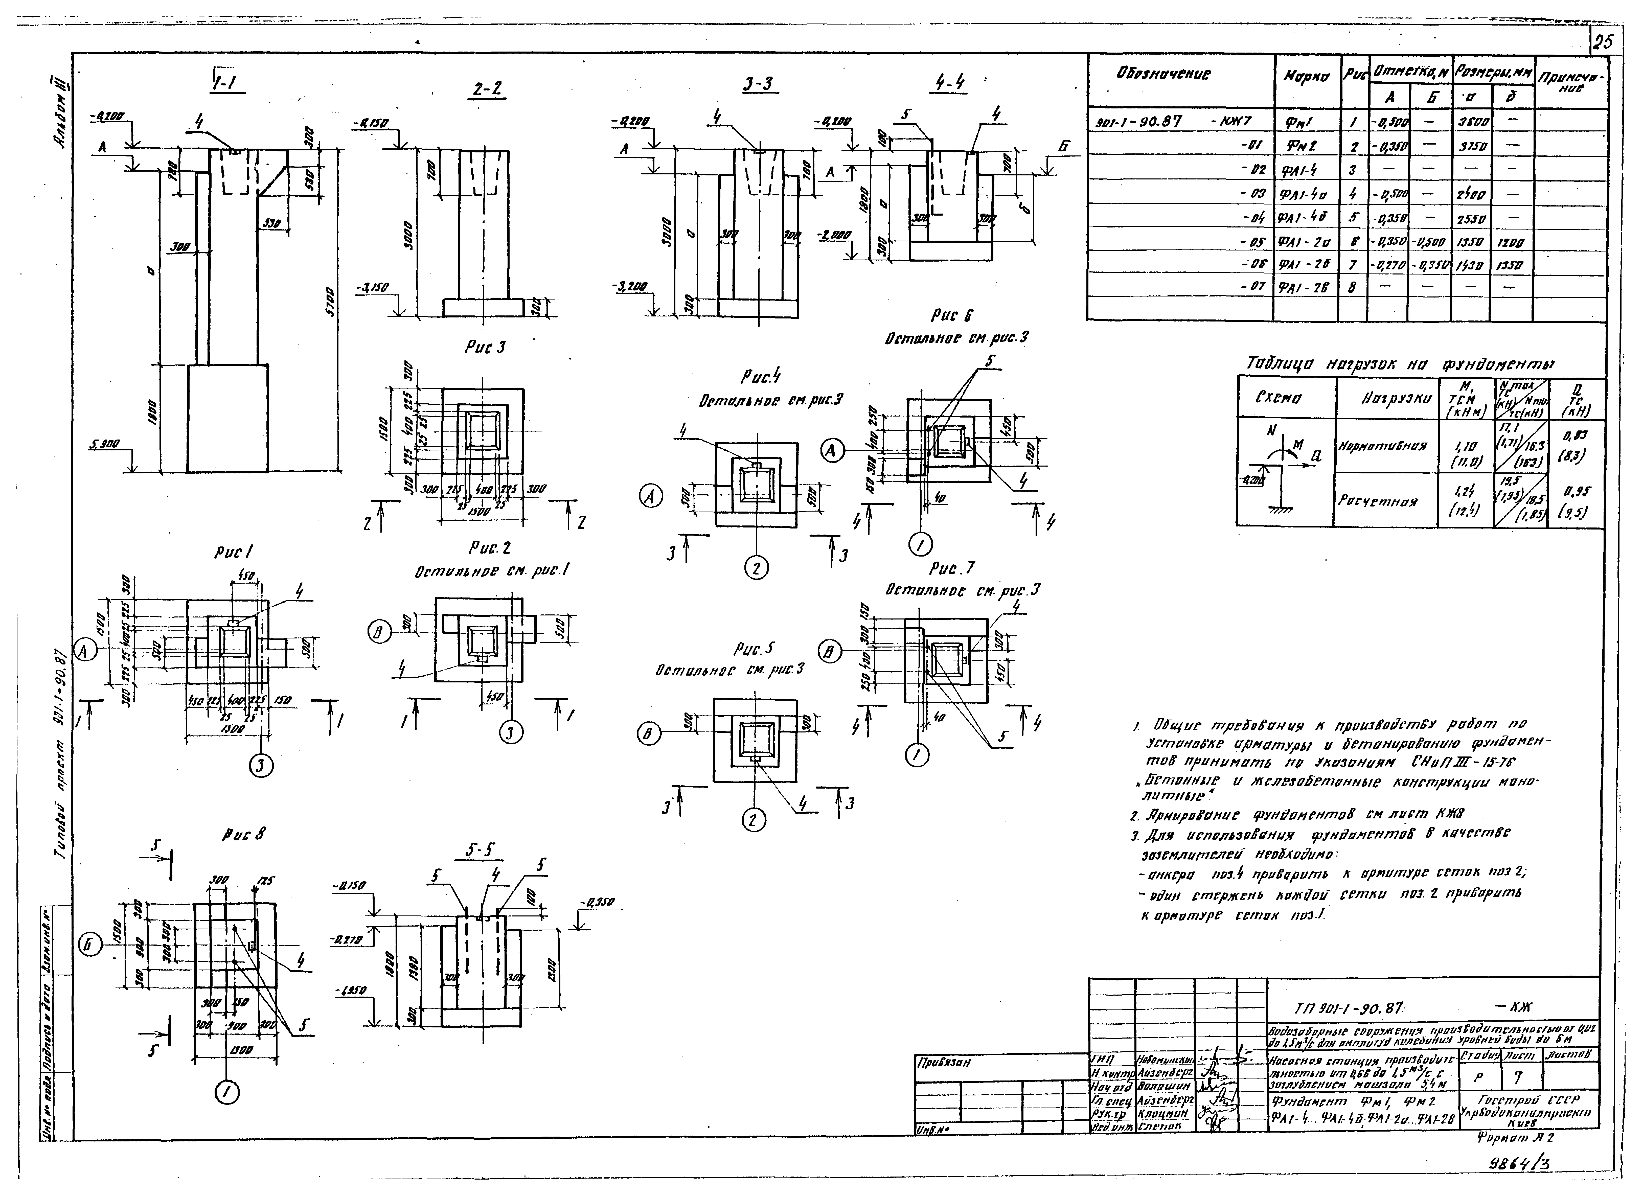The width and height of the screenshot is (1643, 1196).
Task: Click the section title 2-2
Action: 487,89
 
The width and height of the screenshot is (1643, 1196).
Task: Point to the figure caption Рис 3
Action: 485,348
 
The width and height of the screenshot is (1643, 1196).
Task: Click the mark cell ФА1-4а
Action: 1303,194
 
